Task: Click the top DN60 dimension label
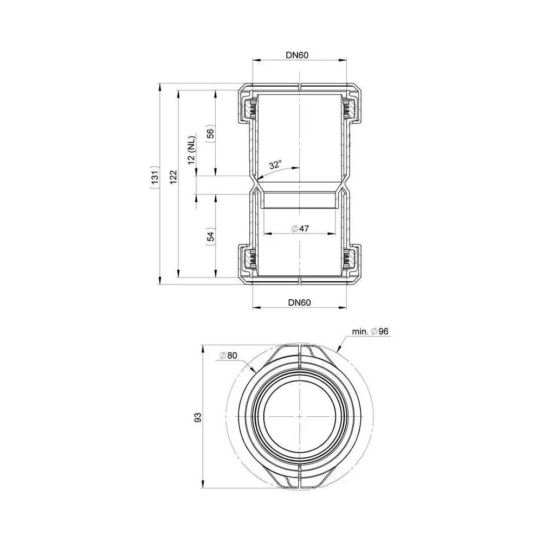(x=297, y=55)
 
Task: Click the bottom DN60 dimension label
(x=299, y=302)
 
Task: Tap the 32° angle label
(x=275, y=165)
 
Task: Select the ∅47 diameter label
(x=300, y=229)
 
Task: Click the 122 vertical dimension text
(x=173, y=177)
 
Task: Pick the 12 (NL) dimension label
(x=191, y=150)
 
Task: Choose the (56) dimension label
(x=210, y=133)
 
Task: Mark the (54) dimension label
(x=210, y=236)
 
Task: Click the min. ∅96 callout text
(x=370, y=331)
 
